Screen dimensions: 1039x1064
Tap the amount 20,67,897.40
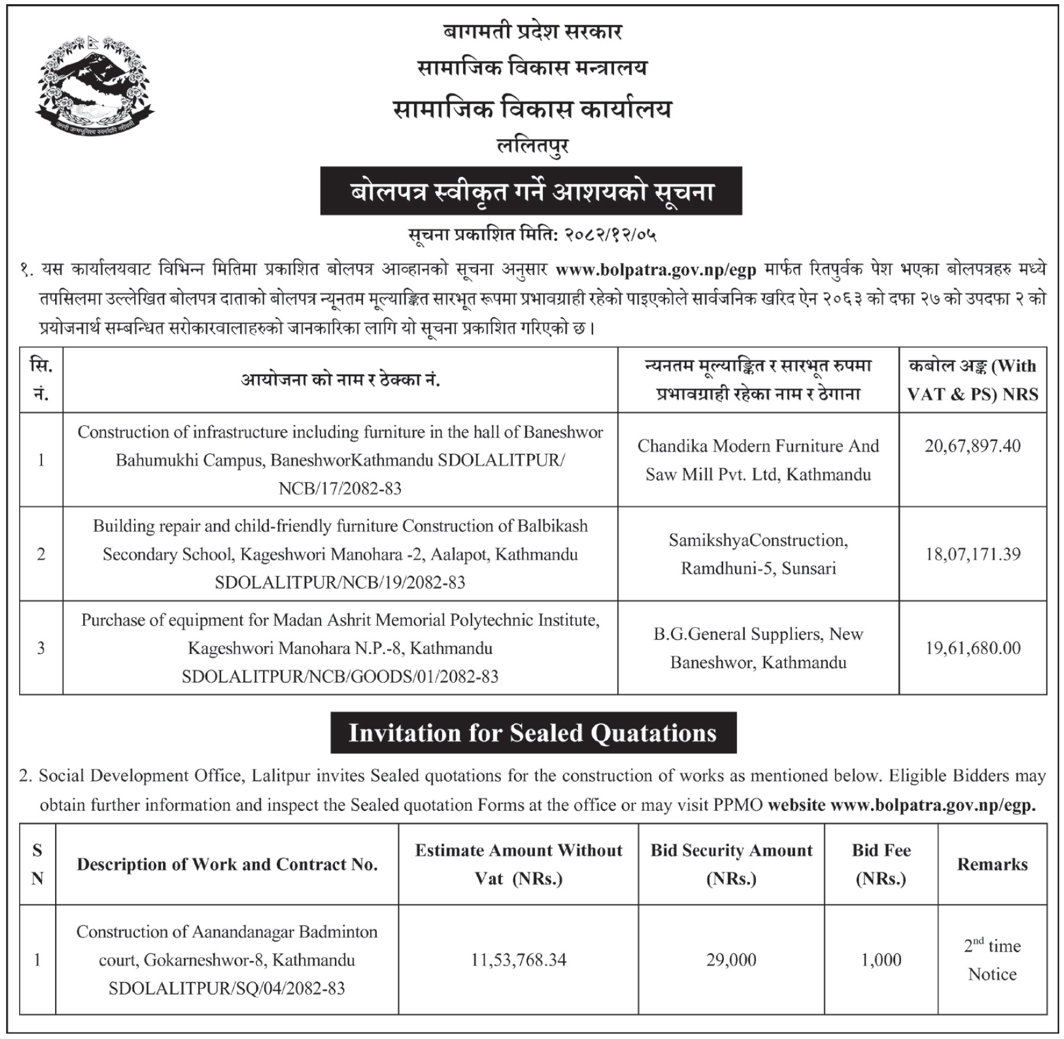972,446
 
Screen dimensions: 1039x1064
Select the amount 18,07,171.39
972,554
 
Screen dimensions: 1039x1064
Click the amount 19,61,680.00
972,648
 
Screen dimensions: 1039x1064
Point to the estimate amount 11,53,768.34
518,959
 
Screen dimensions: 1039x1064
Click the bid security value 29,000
731,959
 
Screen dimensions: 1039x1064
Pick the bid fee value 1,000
881,959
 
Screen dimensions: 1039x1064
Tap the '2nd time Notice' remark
992,959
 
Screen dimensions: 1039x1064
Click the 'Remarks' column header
992,864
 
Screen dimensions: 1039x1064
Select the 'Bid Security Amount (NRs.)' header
731,864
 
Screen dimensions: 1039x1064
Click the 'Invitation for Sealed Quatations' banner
533,733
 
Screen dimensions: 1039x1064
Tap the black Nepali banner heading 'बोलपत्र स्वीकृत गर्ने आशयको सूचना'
531,192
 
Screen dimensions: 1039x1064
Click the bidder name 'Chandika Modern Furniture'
758,446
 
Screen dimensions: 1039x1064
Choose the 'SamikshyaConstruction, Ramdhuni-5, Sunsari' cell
758,554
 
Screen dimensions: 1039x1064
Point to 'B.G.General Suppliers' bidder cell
758,648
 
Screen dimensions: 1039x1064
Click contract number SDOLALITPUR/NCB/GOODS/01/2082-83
340,677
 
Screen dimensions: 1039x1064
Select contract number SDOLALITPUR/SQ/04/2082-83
226,988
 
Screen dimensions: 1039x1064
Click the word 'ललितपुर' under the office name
533,146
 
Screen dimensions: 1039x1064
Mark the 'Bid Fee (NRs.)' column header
881,864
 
